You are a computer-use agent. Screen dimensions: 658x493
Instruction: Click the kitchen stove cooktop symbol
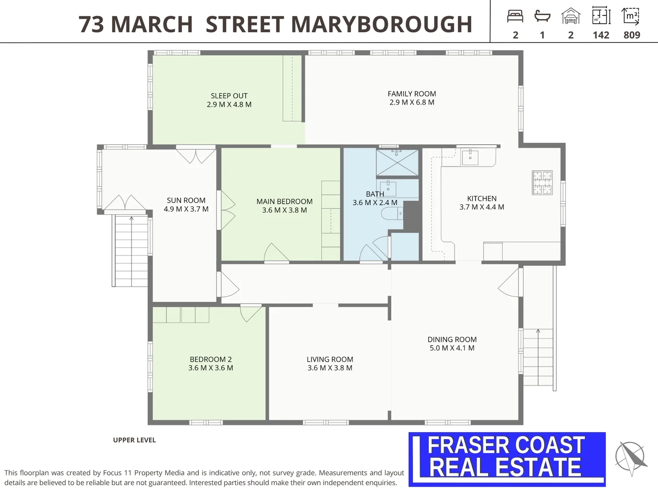pyautogui.click(x=542, y=183)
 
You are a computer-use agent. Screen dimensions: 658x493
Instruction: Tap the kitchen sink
pyautogui.click(x=470, y=157)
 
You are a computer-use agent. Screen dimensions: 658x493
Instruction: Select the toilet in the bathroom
pyautogui.click(x=392, y=214)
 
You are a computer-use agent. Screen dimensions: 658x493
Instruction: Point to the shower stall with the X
pyautogui.click(x=397, y=163)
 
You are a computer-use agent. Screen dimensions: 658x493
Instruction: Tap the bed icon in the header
pyautogui.click(x=515, y=16)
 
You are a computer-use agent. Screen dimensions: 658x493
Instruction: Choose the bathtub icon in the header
pyautogui.click(x=542, y=16)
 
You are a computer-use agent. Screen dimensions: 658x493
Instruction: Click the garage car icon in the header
pyautogui.click(x=571, y=16)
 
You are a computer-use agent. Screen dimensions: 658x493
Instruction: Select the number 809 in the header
pyautogui.click(x=632, y=35)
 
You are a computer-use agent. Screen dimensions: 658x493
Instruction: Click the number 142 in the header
pyautogui.click(x=601, y=35)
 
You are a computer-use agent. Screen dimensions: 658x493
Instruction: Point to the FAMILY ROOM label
pyautogui.click(x=412, y=94)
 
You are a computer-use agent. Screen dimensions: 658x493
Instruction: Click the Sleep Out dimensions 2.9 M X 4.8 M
pyautogui.click(x=229, y=105)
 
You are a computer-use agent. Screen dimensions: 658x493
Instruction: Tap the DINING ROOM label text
pyautogui.click(x=452, y=340)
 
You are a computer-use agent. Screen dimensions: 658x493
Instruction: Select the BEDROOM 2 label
pyautogui.click(x=211, y=359)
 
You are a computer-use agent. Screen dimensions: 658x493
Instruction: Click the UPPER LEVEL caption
pyautogui.click(x=134, y=440)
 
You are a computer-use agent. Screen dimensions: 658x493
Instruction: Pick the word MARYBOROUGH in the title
pyautogui.click(x=382, y=24)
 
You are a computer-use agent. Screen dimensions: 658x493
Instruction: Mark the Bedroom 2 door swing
pyautogui.click(x=250, y=313)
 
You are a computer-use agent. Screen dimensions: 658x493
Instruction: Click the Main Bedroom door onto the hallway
pyautogui.click(x=276, y=253)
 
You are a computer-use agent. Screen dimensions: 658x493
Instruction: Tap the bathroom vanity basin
pyautogui.click(x=388, y=189)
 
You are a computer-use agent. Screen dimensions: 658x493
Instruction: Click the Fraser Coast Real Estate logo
pyautogui.click(x=507, y=459)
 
